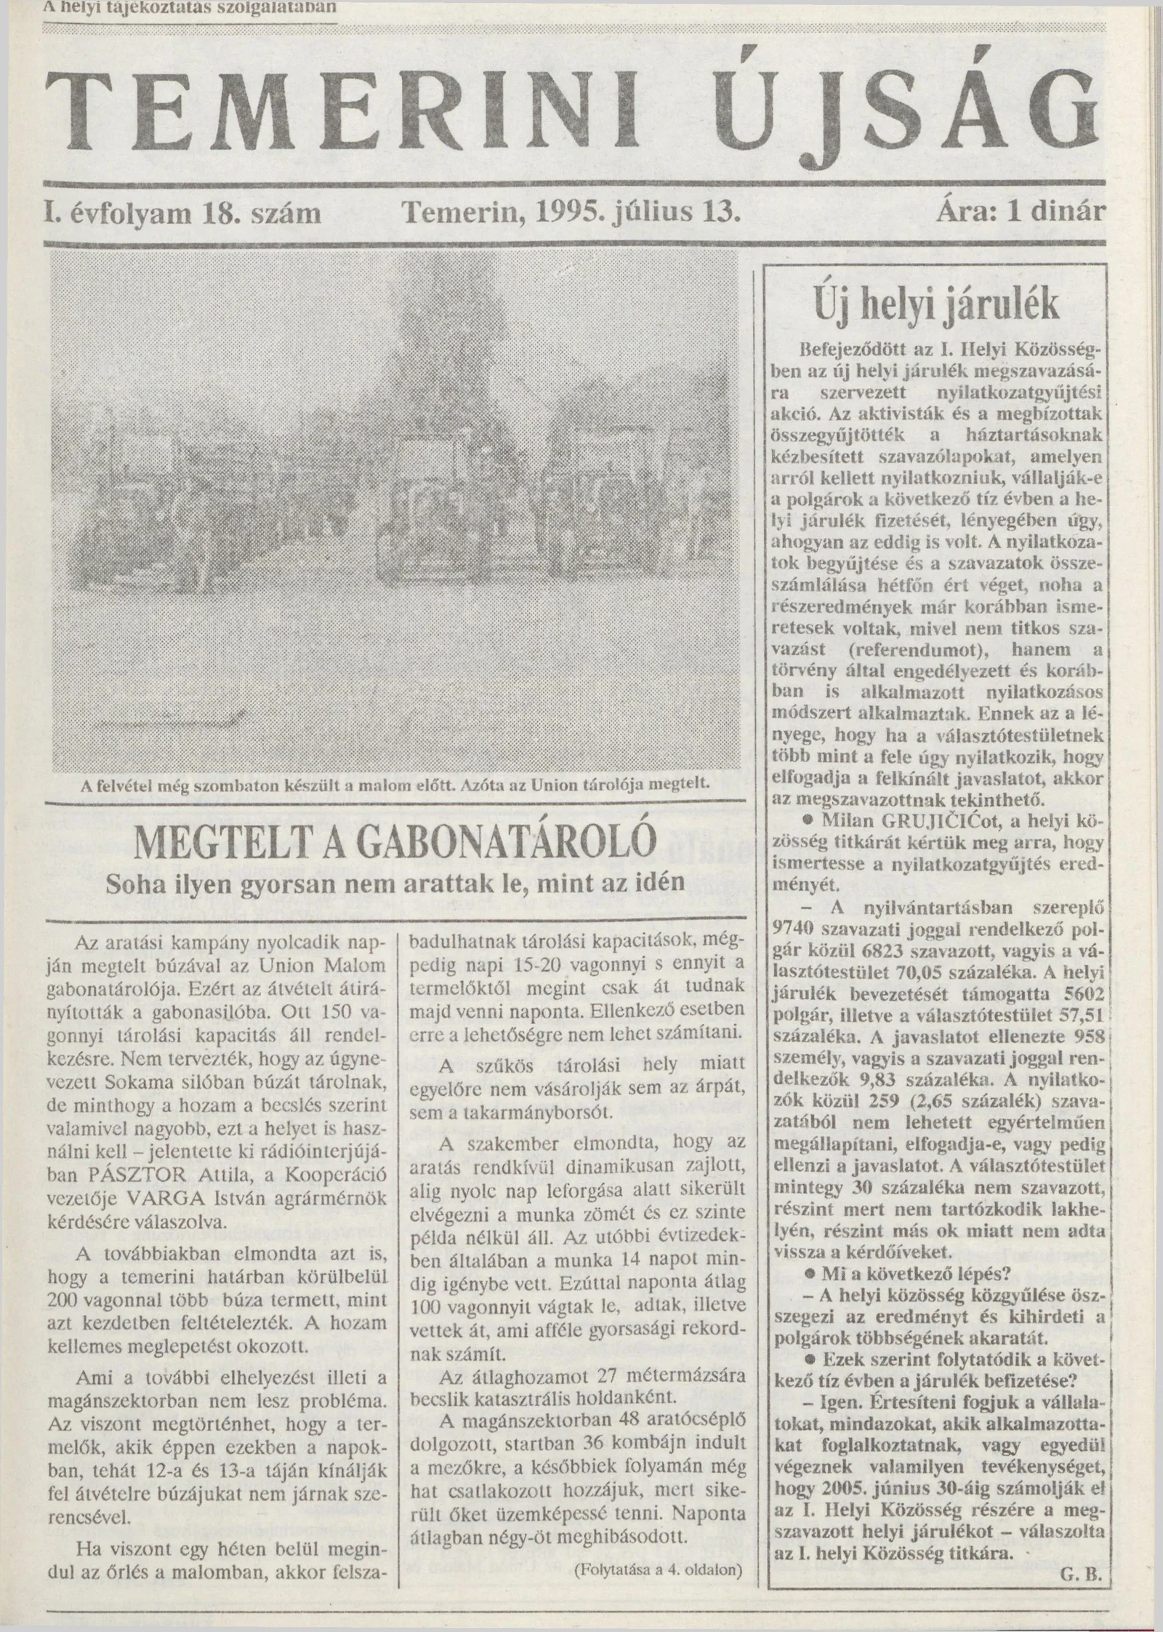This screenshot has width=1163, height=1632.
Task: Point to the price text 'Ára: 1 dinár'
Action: pos(1021,213)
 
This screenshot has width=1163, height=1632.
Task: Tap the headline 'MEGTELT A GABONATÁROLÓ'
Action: pos(395,844)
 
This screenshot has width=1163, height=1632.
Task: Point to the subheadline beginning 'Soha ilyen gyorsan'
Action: pos(395,884)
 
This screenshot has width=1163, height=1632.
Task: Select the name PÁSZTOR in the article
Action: pos(164,1176)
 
